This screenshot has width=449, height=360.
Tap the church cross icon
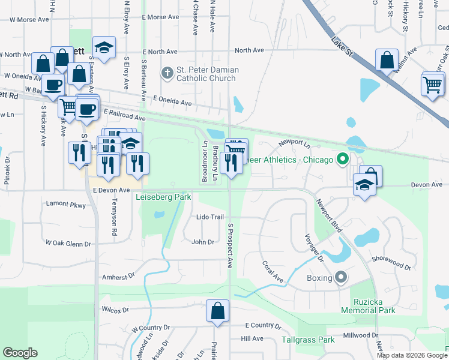click(x=168, y=74)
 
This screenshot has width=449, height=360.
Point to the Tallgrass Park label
click(x=309, y=340)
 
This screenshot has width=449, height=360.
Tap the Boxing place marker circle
click(x=342, y=277)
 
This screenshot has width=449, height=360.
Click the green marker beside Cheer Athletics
click(x=343, y=159)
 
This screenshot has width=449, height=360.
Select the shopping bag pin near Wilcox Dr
click(x=217, y=311)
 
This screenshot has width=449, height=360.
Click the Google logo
click(x=20, y=353)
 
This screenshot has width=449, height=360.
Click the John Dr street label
click(x=203, y=242)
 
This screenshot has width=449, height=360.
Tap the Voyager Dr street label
click(x=314, y=247)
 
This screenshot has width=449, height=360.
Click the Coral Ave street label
click(x=272, y=271)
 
